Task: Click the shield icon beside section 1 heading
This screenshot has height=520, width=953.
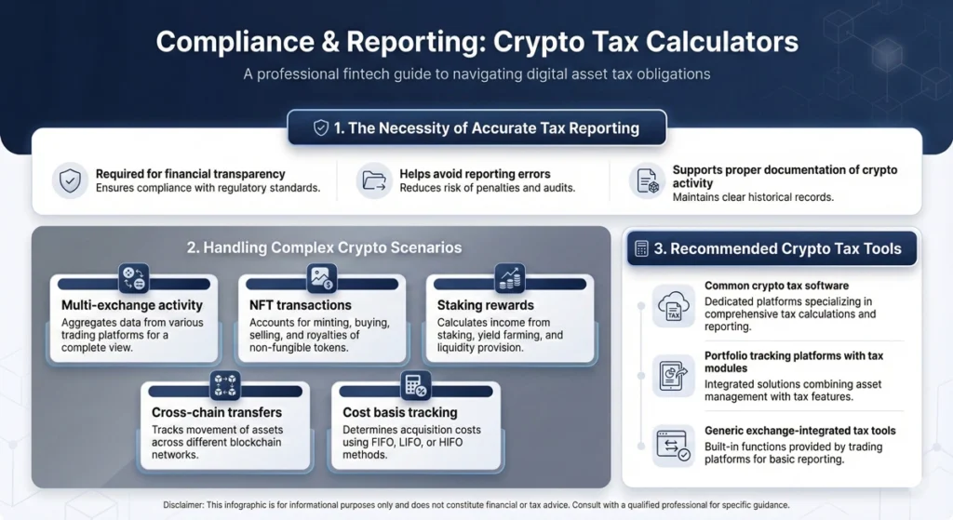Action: pos(321,128)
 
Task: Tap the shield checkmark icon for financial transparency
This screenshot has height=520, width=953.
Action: pos(70,181)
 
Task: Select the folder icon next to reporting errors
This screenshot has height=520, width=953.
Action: pos(374,181)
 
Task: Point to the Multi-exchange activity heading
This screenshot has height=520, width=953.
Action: pos(132,305)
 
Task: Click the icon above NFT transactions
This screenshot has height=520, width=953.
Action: pos(321,277)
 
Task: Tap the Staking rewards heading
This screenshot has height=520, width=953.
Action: pos(486,305)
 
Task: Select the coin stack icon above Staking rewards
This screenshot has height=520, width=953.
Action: pos(510,277)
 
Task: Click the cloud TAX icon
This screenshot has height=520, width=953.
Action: pos(673,305)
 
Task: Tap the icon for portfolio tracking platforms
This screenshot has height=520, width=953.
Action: pos(673,375)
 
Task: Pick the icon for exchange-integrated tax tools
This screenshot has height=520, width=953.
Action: pos(673,445)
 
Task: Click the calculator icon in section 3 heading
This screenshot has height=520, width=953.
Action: pos(641,248)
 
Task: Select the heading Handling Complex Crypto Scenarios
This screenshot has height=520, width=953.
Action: pos(324,247)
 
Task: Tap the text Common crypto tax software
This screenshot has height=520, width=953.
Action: pos(776,286)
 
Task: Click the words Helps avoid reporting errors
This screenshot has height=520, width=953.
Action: pos(475,174)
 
